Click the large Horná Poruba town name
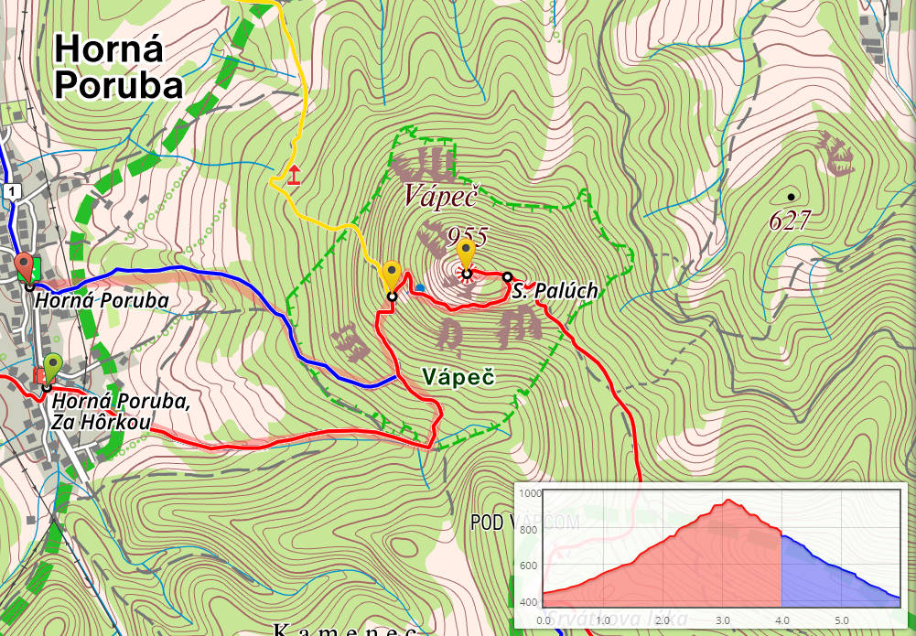pos(119,66)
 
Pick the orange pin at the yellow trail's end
pos(393,274)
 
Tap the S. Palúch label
pos(555,291)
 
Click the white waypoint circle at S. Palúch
pos(508,276)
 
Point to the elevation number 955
pos(468,234)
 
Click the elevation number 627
pos(791,221)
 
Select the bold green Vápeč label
pos(458,376)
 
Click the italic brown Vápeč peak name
pos(443,195)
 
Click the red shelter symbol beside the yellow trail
pos(294,175)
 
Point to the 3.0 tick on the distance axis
pos(723,620)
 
